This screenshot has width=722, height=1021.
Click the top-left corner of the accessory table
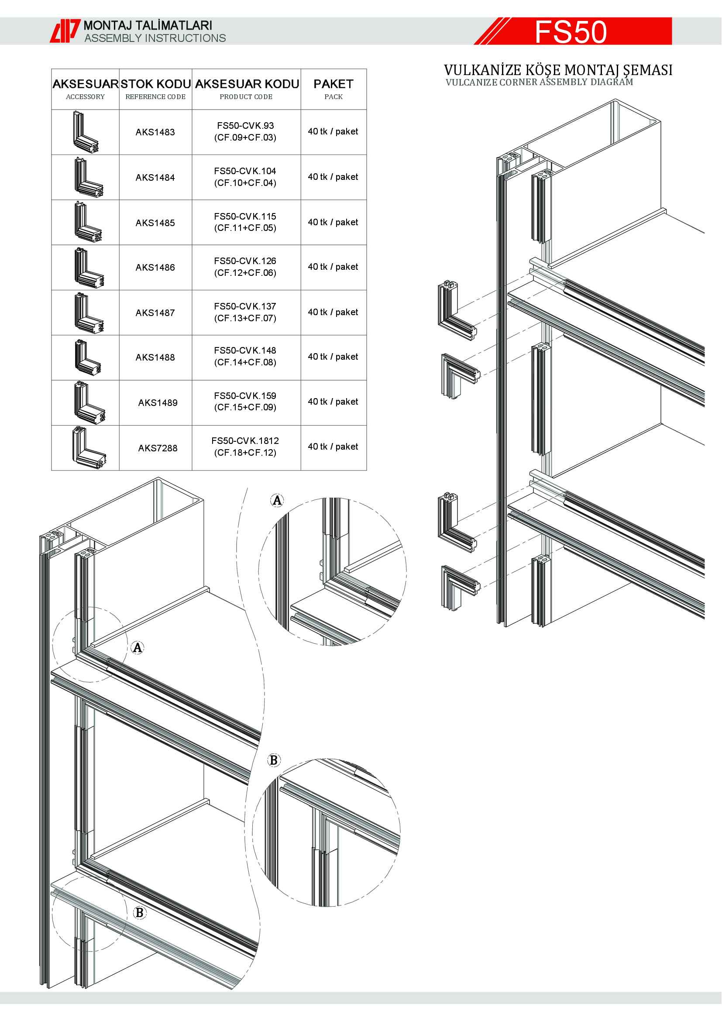52,69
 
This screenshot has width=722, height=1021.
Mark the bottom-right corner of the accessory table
366,470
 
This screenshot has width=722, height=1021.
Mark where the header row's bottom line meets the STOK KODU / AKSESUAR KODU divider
192,110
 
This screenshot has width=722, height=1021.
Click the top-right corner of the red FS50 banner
671,18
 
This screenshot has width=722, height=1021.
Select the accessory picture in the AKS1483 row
86,132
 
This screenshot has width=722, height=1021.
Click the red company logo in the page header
65,31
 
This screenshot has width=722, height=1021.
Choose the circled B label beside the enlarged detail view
274,760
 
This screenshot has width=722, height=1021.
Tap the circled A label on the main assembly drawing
138,647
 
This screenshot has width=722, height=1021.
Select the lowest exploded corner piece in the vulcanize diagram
461,588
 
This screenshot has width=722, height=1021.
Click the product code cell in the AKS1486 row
245,267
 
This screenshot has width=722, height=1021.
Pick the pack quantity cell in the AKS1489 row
333,402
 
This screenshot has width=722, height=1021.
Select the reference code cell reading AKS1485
155,223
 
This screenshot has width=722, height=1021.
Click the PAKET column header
333,89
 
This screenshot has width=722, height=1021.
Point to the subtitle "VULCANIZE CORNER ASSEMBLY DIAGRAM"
539,82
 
